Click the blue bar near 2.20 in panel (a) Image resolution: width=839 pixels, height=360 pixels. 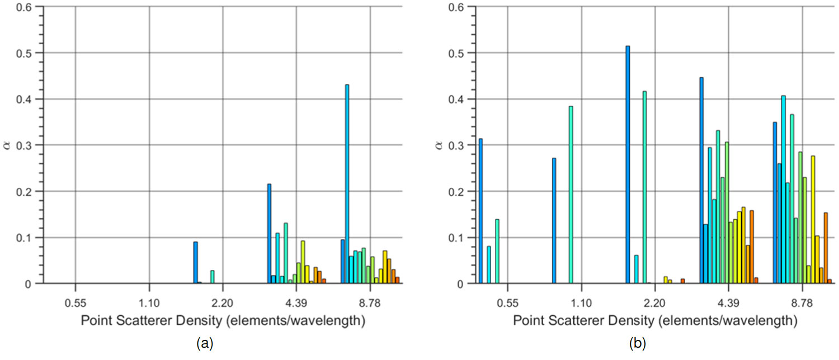click(195, 263)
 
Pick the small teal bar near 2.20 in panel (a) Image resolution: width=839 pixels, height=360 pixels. click(212, 277)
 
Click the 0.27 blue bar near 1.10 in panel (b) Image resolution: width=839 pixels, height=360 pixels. click(554, 221)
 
